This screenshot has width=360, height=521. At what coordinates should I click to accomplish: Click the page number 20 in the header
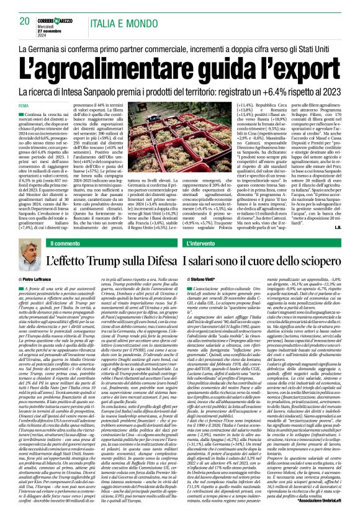[x=25, y=20]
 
